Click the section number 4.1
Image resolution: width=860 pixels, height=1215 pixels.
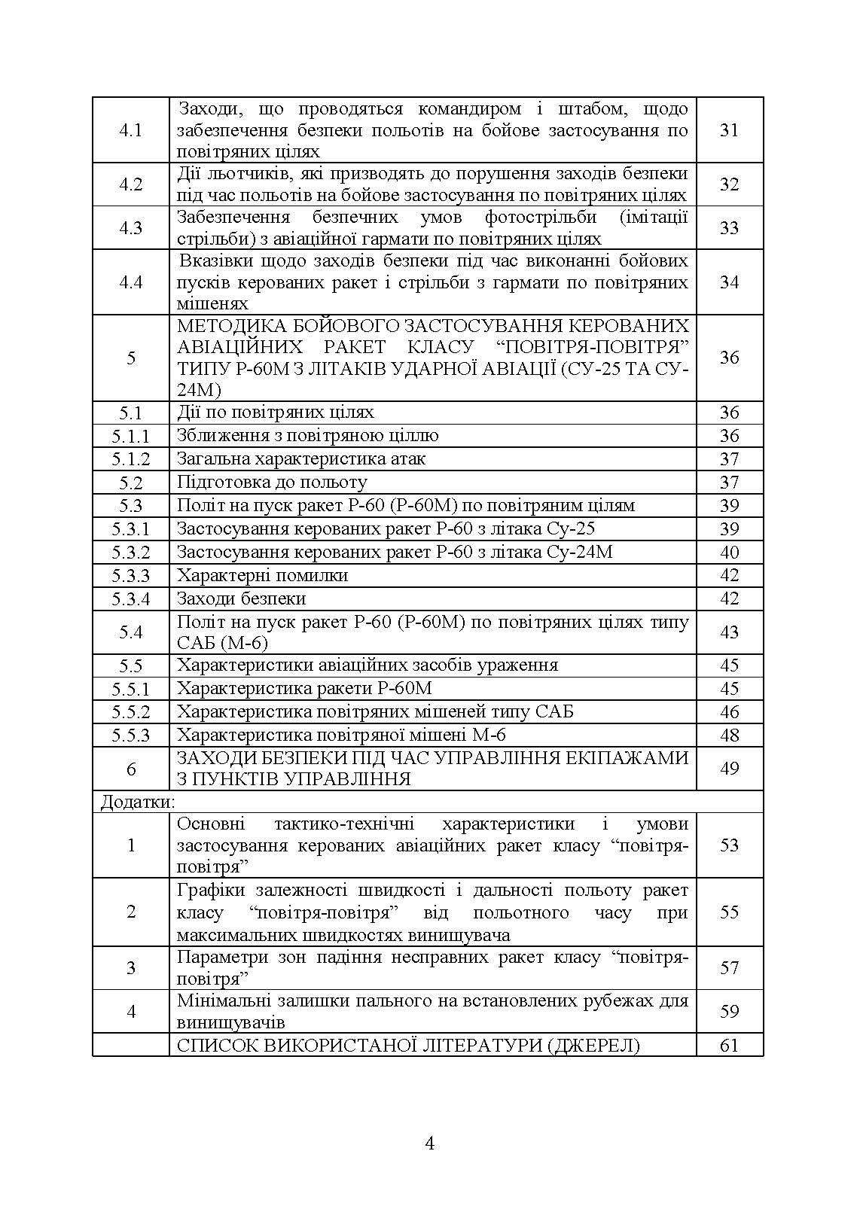click(131, 130)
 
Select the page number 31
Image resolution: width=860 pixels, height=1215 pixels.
click(729, 130)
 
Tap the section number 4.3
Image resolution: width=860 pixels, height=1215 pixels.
click(131, 228)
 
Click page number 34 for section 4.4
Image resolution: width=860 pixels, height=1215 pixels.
click(729, 282)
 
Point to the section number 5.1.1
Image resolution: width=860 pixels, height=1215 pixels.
click(131, 436)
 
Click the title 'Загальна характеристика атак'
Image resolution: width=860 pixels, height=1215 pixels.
click(301, 458)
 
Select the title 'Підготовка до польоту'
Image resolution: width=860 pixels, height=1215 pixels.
click(272, 482)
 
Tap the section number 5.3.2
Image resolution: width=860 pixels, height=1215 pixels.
click(131, 553)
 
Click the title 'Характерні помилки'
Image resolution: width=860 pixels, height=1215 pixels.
click(262, 576)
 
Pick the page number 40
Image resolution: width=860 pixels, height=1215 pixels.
click(729, 553)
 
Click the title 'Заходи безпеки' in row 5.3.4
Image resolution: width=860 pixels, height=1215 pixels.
click(241, 599)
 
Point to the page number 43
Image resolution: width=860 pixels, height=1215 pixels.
click(729, 632)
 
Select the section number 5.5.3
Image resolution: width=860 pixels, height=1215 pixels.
click(131, 735)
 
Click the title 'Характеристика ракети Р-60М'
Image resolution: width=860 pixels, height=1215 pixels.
click(304, 689)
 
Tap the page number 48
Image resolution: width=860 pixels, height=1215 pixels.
click(729, 735)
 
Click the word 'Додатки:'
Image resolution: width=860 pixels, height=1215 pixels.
click(138, 802)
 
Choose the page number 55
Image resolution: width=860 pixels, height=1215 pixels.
click(729, 912)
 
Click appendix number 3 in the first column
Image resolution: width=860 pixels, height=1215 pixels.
click(131, 968)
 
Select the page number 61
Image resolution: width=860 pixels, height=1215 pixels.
click(729, 1046)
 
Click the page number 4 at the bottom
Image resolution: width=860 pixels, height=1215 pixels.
click(430, 1144)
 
